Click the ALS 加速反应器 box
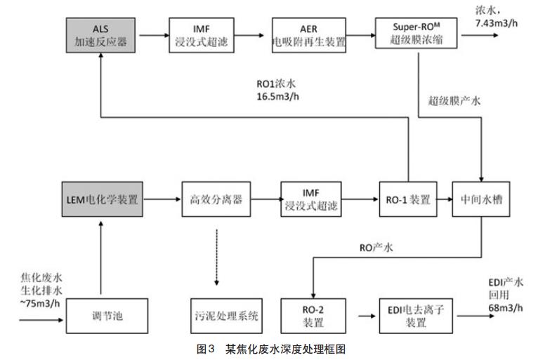click(100, 34)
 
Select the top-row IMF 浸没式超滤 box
click(199, 34)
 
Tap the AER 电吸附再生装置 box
click(309, 34)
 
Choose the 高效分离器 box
click(211, 200)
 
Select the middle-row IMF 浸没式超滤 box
click(310, 200)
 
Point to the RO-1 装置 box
click(407, 200)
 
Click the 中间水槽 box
click(480, 200)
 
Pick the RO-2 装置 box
click(310, 316)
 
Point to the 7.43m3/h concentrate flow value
click(497, 22)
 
